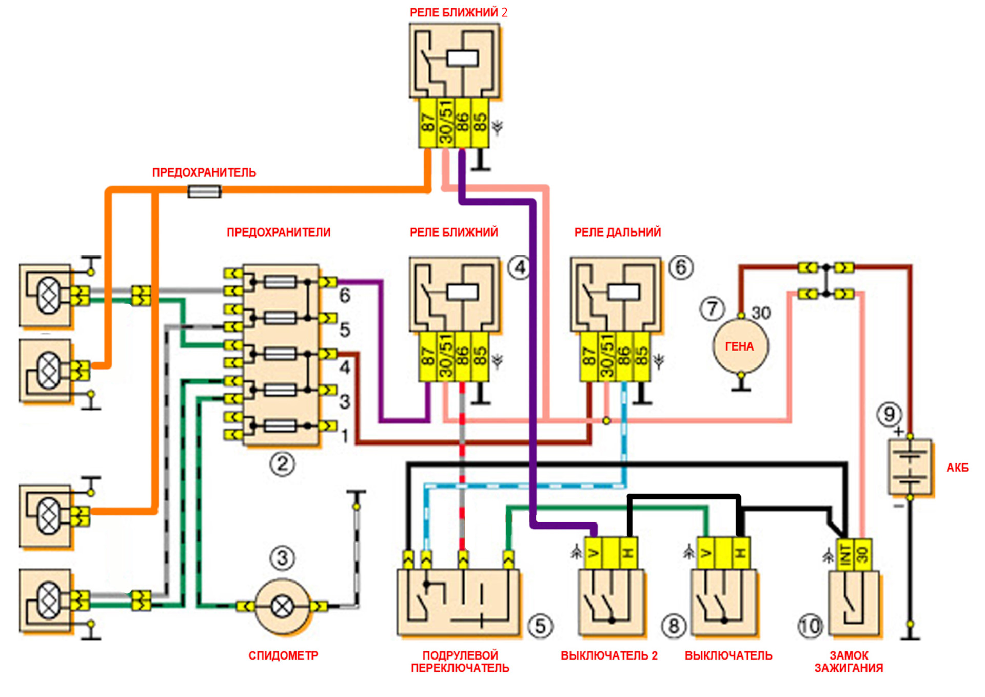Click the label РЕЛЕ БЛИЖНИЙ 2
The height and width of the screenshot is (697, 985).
tap(458, 13)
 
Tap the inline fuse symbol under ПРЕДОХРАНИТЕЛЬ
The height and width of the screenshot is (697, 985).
tap(205, 191)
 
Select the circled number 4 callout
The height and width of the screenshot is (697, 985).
tap(520, 267)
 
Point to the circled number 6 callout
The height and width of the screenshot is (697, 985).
tap(681, 267)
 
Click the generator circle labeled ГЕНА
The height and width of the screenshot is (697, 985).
tap(740, 346)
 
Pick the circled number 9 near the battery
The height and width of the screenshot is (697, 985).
tap(889, 414)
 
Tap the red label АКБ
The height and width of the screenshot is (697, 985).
tap(957, 468)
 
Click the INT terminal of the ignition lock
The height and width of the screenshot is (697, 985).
tap(845, 554)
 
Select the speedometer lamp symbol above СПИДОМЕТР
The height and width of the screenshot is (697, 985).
tap(282, 607)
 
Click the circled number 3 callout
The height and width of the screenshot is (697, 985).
tap(282, 558)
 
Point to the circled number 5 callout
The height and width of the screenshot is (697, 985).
tap(540, 626)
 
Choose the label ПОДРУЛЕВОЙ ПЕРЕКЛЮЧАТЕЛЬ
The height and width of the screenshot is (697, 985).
tap(460, 662)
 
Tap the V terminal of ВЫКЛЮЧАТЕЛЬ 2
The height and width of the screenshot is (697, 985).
tap(594, 553)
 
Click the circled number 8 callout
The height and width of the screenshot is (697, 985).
tap(674, 626)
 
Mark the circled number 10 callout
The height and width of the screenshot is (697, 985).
tap(810, 626)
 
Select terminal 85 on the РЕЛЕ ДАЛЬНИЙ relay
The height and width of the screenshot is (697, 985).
tap(641, 357)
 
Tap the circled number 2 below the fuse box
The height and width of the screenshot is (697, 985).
tap(282, 464)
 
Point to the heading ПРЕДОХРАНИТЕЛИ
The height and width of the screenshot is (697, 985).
tap(279, 233)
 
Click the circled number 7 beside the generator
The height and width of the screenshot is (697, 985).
tap(712, 309)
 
